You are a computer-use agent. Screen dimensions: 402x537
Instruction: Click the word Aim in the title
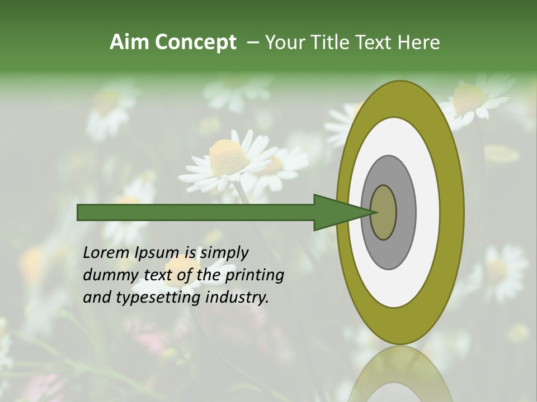[130, 42]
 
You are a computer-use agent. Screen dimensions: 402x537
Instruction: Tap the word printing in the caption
[255, 275]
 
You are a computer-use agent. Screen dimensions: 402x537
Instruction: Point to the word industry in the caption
[237, 298]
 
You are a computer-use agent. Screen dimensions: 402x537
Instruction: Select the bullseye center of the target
[383, 212]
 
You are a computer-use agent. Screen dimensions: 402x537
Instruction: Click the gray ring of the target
[406, 212]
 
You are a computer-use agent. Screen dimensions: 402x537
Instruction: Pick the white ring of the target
[428, 212]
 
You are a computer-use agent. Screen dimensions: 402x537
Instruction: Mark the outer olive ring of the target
[453, 212]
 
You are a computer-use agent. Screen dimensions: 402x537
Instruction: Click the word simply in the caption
[224, 253]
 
